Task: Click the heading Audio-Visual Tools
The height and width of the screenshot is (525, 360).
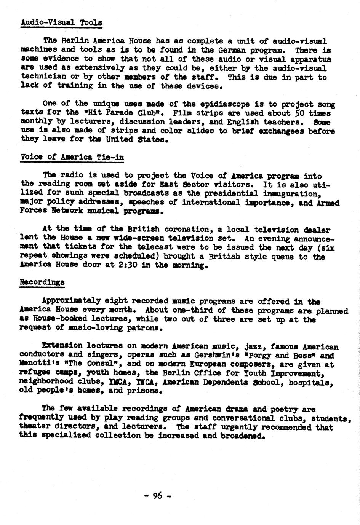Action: click(61, 22)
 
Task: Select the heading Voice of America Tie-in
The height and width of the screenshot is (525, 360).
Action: click(72, 157)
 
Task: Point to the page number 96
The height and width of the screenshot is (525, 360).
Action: click(157, 495)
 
